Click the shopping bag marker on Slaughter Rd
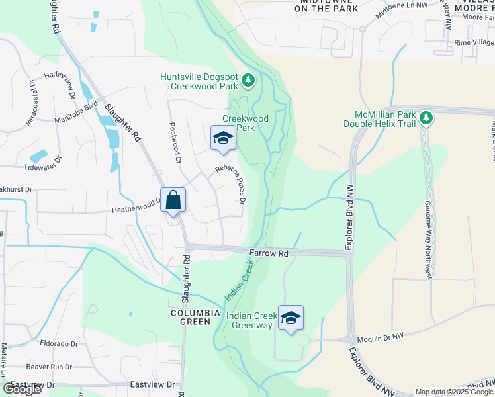(173, 200)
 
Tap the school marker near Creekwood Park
(223, 138)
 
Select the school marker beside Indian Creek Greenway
(291, 318)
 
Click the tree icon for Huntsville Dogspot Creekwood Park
(248, 81)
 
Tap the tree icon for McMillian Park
(427, 118)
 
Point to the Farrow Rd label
(269, 253)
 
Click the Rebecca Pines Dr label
(230, 183)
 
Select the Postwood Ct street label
(175, 142)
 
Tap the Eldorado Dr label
(59, 344)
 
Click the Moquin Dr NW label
(380, 337)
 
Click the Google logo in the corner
(22, 389)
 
